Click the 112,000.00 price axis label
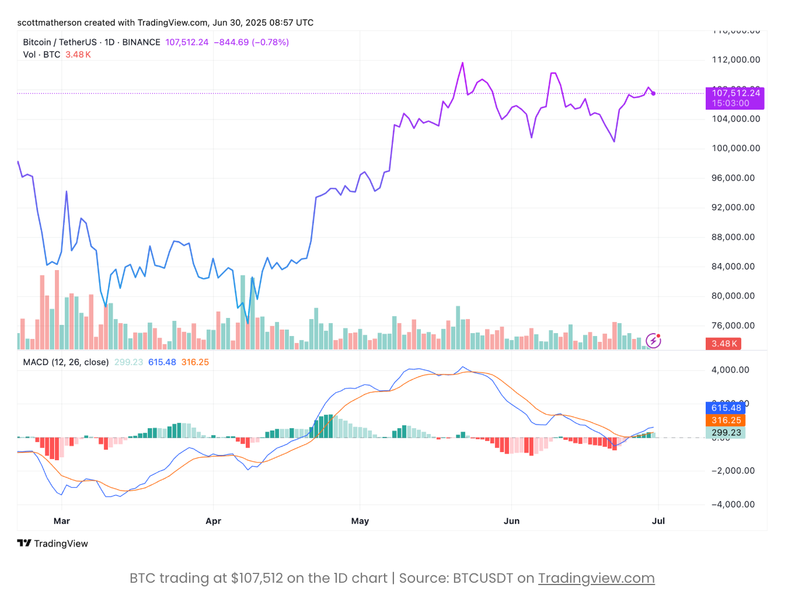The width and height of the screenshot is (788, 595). [x=735, y=60]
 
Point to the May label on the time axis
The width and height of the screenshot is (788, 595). [x=360, y=521]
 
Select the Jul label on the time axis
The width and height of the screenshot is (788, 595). [x=658, y=521]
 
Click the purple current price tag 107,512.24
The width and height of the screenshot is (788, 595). [x=735, y=97]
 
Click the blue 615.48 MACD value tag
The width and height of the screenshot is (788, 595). [x=726, y=408]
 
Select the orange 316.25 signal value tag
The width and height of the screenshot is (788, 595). [x=726, y=420]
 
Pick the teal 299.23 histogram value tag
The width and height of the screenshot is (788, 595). [x=726, y=433]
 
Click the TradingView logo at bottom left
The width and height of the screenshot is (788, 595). [x=53, y=544]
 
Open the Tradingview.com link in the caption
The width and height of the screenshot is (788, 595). [x=596, y=578]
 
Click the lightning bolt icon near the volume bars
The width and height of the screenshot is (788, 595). [x=653, y=341]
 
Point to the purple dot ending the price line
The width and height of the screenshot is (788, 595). [x=653, y=93]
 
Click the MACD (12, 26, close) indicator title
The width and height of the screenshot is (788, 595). [x=66, y=362]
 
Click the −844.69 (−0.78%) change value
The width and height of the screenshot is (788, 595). [x=251, y=42]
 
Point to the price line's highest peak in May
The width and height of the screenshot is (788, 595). [x=462, y=63]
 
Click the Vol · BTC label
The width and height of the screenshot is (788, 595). [x=41, y=54]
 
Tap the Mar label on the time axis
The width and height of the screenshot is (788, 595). [x=62, y=521]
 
